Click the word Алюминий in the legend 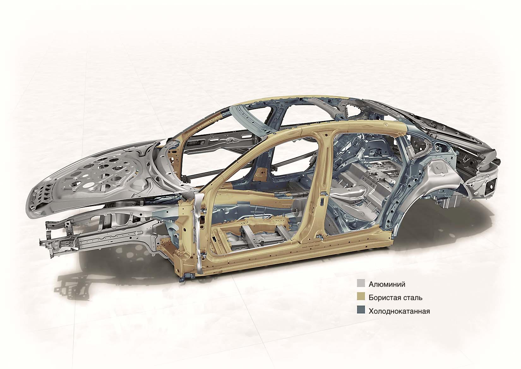(x=387, y=285)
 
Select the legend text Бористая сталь (x=395, y=298)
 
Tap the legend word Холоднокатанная (x=399, y=311)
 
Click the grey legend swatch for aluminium (x=361, y=284)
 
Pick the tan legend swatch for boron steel (x=361, y=297)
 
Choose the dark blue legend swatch (x=361, y=311)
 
